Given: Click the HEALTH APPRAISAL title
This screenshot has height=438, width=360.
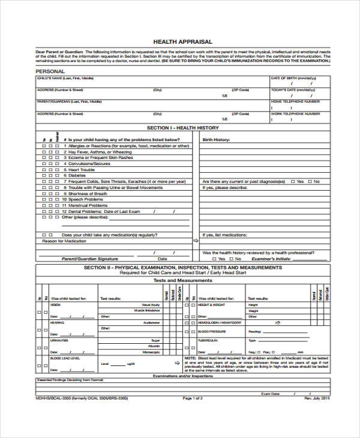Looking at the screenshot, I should pyautogui.click(x=183, y=41).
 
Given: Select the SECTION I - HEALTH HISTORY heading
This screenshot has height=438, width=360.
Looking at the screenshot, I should pyautogui.click(x=183, y=128).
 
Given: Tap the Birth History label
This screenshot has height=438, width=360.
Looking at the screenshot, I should pyautogui.click(x=216, y=140).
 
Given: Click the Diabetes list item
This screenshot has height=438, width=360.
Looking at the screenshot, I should pyautogui.click(x=79, y=175).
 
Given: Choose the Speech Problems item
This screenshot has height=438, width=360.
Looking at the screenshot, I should pyautogui.click(x=88, y=199).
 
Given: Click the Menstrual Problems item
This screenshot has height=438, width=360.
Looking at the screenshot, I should pyautogui.click(x=90, y=205).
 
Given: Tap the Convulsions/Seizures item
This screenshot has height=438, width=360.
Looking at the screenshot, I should pyautogui.click(x=89, y=163).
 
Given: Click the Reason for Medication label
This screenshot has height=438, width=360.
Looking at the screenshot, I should pyautogui.click(x=64, y=241).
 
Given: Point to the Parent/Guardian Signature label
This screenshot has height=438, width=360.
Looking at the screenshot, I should pyautogui.click(x=91, y=259).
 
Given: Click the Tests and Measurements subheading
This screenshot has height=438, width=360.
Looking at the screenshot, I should pyautogui.click(x=182, y=280).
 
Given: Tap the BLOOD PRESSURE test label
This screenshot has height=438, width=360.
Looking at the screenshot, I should pyautogui.click(x=212, y=331).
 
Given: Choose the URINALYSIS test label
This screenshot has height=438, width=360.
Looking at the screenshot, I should pyautogui.click(x=60, y=340).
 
